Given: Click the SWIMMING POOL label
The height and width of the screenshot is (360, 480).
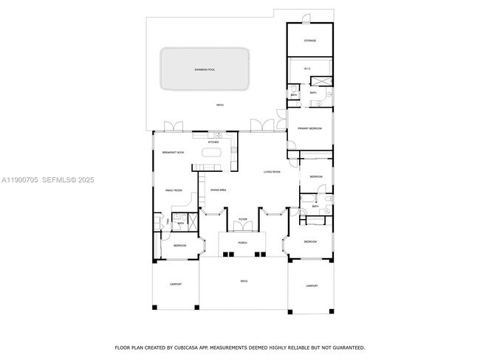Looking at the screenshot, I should point(205,69).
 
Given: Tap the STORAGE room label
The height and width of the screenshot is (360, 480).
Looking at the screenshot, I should point(310,41).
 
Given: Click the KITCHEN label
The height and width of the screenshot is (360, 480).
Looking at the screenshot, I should point(213,142).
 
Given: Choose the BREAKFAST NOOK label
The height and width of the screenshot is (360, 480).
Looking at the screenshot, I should point(173,152).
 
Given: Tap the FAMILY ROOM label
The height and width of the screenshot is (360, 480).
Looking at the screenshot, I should point(173,190).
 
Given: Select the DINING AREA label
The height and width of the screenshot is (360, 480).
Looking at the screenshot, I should point(218,190).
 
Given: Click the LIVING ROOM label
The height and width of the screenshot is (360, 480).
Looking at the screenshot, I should point(272,172).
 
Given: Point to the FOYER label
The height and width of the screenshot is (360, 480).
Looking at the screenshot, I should point(242,220).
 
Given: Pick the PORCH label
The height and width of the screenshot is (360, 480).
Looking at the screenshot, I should point(242,243).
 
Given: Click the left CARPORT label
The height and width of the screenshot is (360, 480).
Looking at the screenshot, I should point(175,284).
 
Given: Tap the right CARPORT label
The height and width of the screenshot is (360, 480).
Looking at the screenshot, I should point(312,285).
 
